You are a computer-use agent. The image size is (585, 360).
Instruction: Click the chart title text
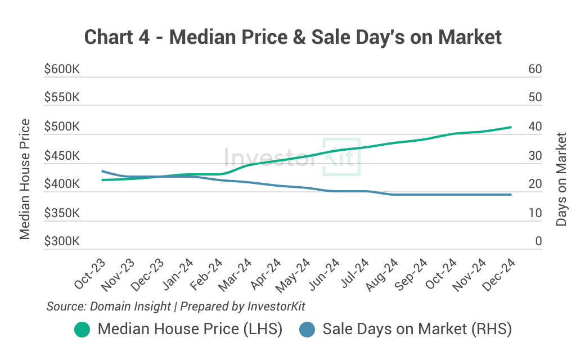292,37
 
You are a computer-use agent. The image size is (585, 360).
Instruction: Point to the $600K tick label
62,69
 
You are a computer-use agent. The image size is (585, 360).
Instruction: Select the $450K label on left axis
62,156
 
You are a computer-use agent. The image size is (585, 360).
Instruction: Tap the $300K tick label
62,241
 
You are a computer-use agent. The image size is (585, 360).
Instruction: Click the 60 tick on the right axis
535,69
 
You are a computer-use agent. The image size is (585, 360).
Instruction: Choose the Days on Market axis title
561,179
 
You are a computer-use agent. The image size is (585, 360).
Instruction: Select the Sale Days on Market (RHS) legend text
417,329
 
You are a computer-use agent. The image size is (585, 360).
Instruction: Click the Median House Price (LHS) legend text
190,329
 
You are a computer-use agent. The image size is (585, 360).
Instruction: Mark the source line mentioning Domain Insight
175,307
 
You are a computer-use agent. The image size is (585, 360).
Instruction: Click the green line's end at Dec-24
511,127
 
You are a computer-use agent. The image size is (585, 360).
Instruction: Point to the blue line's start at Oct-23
102,171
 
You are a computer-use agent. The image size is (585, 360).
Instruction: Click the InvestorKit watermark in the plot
292,156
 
